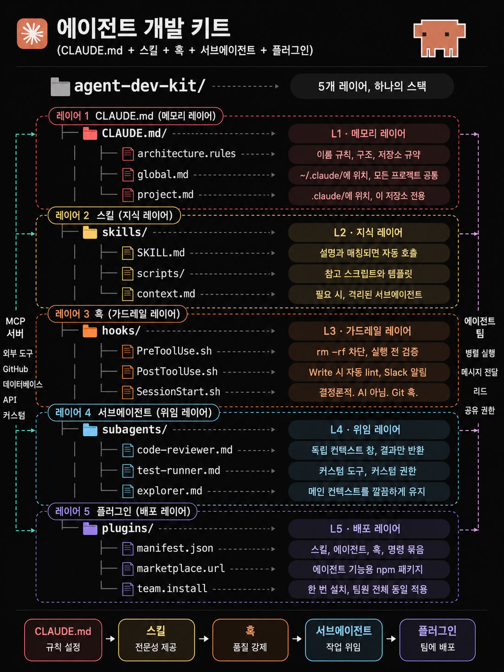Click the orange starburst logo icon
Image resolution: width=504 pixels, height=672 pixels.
point(32,34)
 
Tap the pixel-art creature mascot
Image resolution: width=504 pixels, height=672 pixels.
point(439,38)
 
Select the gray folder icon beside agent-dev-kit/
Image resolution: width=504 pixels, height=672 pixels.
point(60,87)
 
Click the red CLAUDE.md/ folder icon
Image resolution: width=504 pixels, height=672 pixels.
point(90,134)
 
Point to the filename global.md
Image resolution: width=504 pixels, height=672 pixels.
point(163,174)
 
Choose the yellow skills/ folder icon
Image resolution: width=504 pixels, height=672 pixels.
point(90,233)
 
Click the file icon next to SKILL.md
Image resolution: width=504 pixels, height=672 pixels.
point(128,253)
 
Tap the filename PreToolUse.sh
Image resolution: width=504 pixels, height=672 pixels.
point(174,351)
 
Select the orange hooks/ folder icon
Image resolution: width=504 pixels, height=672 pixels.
point(90,331)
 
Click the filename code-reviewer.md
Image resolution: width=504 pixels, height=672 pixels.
point(185,450)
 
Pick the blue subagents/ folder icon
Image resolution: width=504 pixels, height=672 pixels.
point(90,430)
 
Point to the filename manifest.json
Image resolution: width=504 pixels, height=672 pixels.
point(175,548)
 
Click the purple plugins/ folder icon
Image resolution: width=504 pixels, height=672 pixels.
point(90,529)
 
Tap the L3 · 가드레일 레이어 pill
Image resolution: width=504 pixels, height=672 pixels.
point(369,331)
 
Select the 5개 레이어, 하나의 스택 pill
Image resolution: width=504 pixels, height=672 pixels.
point(372,86)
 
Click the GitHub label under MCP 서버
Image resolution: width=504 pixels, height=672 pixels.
point(15,369)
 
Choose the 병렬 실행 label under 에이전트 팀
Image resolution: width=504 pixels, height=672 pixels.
point(480,353)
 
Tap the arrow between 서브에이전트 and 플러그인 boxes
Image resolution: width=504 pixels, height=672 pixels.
point(391,639)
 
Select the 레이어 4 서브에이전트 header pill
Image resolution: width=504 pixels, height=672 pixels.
point(134,413)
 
